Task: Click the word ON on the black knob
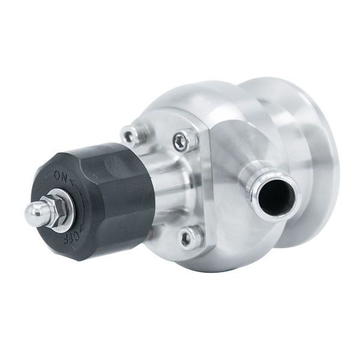(61, 176)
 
